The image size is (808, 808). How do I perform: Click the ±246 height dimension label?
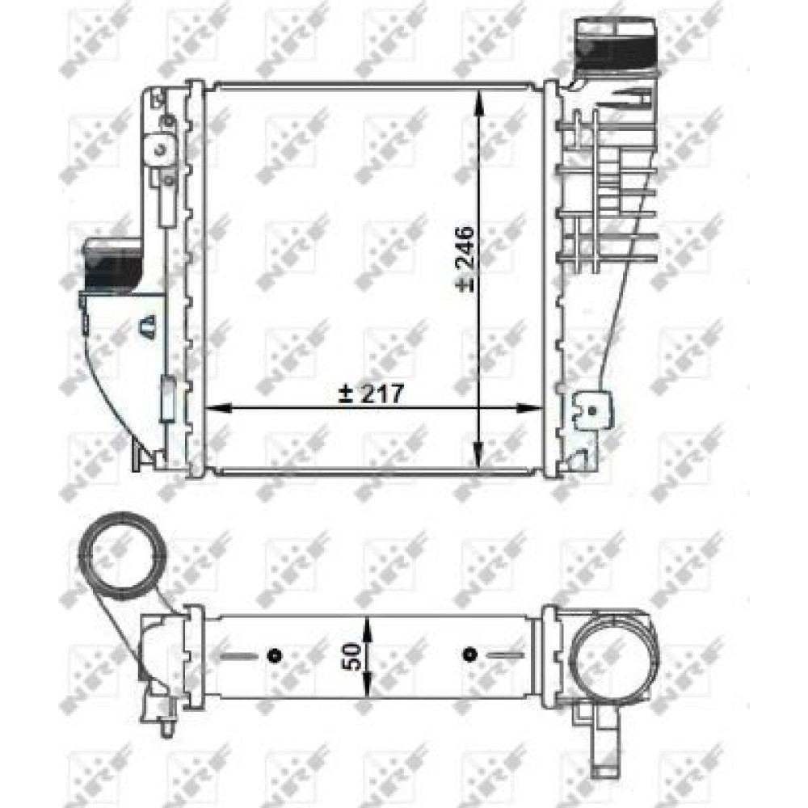click(466, 259)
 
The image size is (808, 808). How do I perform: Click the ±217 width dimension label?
click(371, 394)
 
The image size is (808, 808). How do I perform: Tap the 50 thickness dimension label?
click(353, 656)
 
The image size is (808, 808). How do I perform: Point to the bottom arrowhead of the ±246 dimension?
click(479, 456)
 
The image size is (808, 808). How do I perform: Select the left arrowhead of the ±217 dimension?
click(217, 408)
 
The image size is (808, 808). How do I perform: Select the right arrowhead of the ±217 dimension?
click(529, 408)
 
